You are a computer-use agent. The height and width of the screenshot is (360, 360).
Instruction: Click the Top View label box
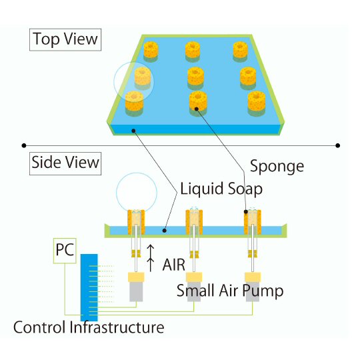point(65,39)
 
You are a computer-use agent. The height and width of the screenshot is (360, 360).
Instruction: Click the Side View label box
point(65,163)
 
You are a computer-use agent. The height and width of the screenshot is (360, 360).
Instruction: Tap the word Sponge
point(277,167)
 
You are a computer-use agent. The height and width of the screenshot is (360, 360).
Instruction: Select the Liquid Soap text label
point(221,189)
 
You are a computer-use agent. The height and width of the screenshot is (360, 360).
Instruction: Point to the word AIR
point(173,265)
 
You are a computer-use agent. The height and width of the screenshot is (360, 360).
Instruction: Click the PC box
point(65,251)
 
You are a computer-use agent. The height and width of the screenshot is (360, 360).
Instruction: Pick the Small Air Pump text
point(230,291)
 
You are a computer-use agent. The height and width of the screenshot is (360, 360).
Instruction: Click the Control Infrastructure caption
point(89,327)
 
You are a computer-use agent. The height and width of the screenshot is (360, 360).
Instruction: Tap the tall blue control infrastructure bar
point(89,287)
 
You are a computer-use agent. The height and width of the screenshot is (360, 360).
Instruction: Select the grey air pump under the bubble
point(136,291)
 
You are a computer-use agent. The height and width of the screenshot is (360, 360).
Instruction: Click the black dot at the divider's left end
point(24,145)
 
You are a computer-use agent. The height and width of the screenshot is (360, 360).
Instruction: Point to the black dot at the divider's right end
point(337,145)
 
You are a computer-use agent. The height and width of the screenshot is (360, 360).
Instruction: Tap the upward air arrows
point(151,258)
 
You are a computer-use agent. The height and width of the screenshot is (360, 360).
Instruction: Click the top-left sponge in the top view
point(151,51)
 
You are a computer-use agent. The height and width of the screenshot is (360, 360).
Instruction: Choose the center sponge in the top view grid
point(195,78)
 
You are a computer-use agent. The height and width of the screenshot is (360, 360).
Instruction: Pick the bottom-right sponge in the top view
point(257,104)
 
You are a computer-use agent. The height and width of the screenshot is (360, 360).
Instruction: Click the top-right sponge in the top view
point(241,51)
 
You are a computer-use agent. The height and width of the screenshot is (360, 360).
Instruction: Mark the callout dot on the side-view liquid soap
point(164,230)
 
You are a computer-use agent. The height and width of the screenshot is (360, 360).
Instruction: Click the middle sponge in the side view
point(194,222)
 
